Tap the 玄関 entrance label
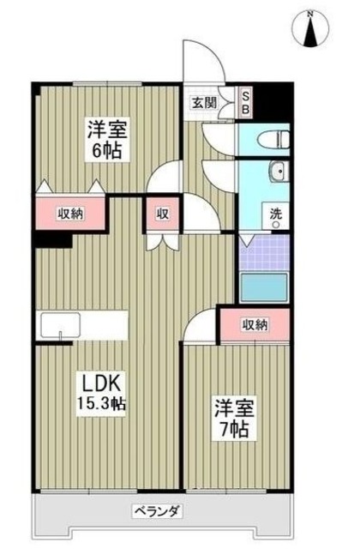[x=204, y=102]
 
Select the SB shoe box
[x=245, y=102]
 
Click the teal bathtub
[x=265, y=287]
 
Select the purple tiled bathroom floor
[x=265, y=253]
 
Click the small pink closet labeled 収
[x=162, y=214]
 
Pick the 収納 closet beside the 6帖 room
[x=71, y=214]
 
